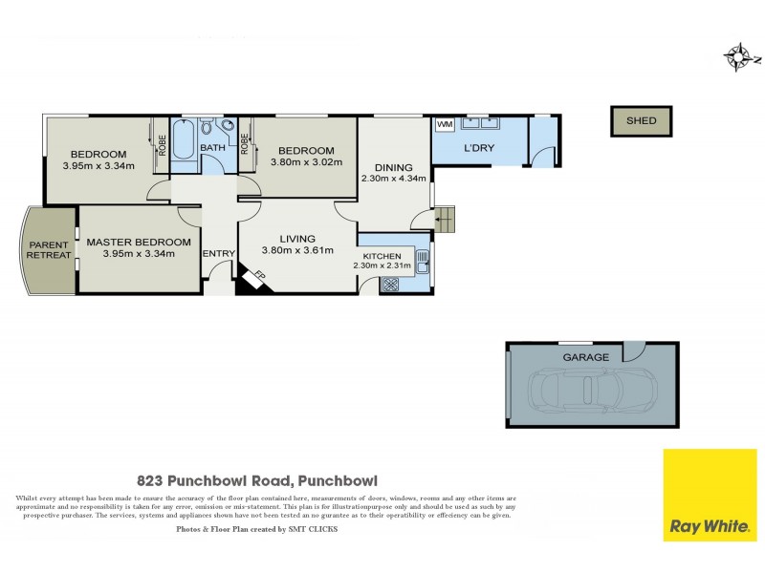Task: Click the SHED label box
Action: (641, 120)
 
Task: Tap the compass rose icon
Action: (739, 58)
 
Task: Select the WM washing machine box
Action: (445, 125)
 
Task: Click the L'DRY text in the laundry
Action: (478, 150)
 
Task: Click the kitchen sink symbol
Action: (423, 258)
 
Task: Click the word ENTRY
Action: (219, 253)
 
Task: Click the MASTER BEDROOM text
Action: (138, 243)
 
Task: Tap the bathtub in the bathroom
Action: (184, 140)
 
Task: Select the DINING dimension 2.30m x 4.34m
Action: (393, 178)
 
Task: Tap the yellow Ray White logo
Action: (710, 495)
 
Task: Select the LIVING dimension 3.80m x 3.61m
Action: (297, 251)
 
